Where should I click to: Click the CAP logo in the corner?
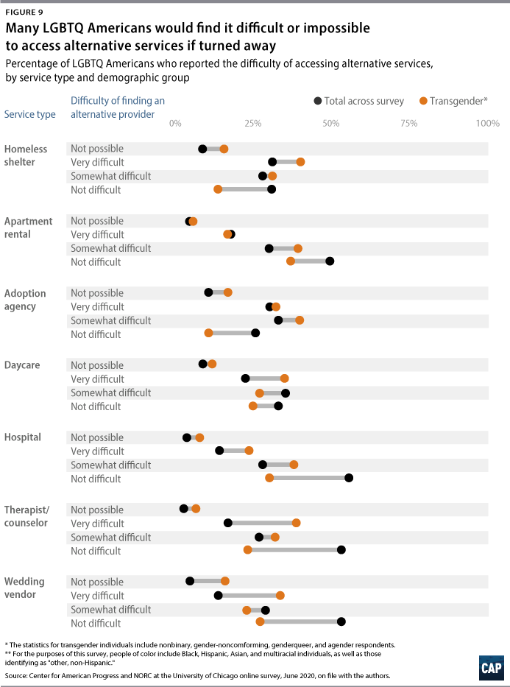(491, 668)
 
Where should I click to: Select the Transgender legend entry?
(453, 101)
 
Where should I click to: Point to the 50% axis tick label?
(331, 123)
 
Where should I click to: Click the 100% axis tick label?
(487, 123)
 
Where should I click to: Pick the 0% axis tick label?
(175, 123)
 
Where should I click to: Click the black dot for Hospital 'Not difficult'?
(349, 479)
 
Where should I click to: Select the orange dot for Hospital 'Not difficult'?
(269, 479)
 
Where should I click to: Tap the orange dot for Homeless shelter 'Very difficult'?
(300, 162)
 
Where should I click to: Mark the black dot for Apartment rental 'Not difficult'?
(330, 261)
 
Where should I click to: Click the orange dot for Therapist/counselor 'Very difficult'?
(297, 523)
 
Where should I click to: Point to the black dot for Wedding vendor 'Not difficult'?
(341, 623)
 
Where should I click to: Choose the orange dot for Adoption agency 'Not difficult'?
(208, 334)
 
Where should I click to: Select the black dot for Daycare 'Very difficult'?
(246, 378)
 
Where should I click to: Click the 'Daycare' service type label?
(22, 365)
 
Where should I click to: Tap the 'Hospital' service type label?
(24, 437)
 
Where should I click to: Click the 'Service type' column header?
(29, 114)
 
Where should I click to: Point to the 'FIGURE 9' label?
(25, 11)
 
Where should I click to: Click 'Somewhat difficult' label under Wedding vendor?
(110, 610)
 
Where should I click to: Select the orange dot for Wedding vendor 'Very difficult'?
(280, 596)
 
